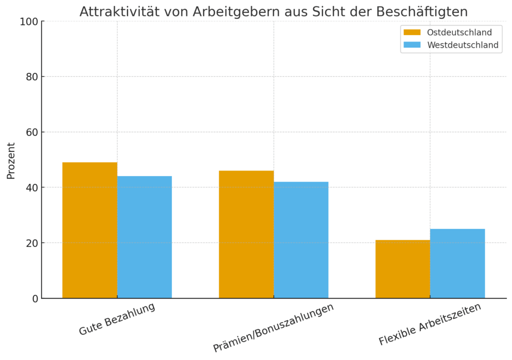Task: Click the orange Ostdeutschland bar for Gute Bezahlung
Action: pos(89,230)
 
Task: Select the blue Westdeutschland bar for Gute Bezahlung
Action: pos(144,237)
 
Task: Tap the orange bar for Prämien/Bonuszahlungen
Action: pos(246,234)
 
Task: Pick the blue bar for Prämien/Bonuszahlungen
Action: pos(301,240)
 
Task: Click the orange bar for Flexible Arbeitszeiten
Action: pos(402,269)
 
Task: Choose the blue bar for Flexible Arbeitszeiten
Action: pos(457,263)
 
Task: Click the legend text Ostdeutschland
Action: pos(459,32)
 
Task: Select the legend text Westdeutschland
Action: pos(462,45)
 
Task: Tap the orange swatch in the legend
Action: pos(412,32)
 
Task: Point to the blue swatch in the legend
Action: pos(412,45)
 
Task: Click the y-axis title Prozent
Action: pos(11,160)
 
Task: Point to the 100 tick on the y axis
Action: pos(29,21)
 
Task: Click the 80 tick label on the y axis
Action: pos(31,77)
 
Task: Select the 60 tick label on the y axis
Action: pos(31,132)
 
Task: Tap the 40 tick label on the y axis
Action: pos(31,188)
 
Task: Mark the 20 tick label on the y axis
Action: pos(31,243)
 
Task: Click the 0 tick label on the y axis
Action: pos(34,298)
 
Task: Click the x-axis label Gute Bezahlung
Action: pos(117,319)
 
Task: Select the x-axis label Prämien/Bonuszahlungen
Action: pos(273,328)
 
